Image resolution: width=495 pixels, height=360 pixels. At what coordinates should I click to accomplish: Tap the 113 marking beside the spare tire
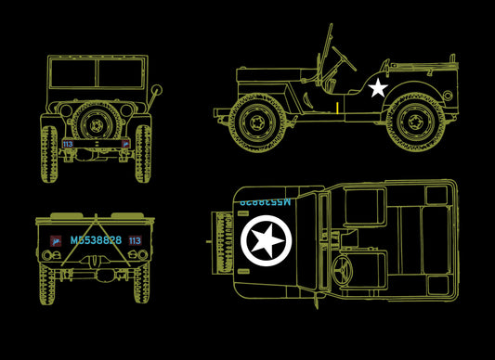[67, 144]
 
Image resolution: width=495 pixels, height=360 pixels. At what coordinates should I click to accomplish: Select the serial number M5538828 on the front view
[96, 240]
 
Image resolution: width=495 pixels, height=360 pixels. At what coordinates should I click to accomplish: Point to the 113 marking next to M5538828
[135, 240]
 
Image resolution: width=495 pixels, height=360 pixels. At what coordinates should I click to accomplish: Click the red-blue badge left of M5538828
[56, 240]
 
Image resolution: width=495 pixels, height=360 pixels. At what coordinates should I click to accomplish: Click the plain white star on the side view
[377, 88]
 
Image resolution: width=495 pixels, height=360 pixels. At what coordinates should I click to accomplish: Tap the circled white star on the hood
[267, 241]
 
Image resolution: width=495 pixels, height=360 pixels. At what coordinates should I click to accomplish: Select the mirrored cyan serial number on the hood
[265, 200]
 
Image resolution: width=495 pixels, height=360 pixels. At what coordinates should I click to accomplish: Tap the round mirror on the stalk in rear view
[157, 91]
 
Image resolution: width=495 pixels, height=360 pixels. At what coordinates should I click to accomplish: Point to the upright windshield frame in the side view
[327, 56]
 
